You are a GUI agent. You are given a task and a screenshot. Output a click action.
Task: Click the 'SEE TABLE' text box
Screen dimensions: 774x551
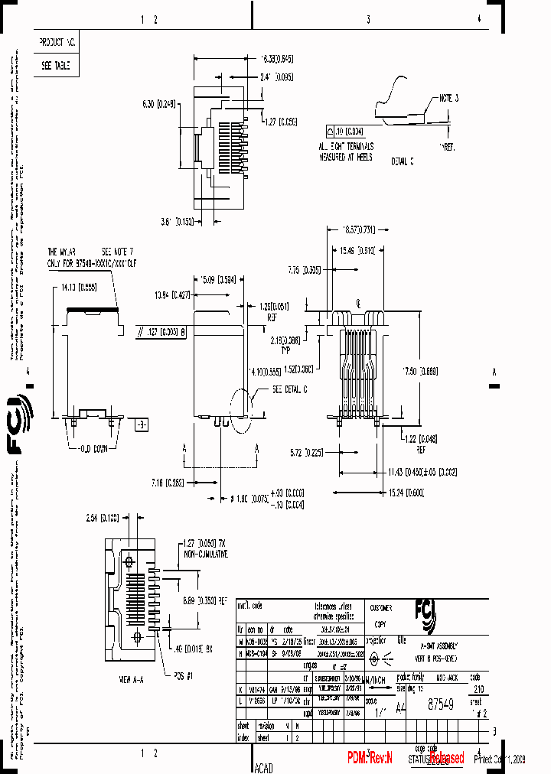click(x=56, y=66)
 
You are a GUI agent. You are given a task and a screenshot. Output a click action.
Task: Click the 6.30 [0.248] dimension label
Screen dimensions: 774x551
click(x=158, y=104)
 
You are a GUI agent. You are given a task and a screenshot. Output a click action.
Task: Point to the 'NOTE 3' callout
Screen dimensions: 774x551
click(x=448, y=99)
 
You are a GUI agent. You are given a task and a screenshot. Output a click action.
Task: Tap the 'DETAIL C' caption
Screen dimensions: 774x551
click(x=401, y=161)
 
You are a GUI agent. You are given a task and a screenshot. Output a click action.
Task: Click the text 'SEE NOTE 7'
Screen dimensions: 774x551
click(x=119, y=251)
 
